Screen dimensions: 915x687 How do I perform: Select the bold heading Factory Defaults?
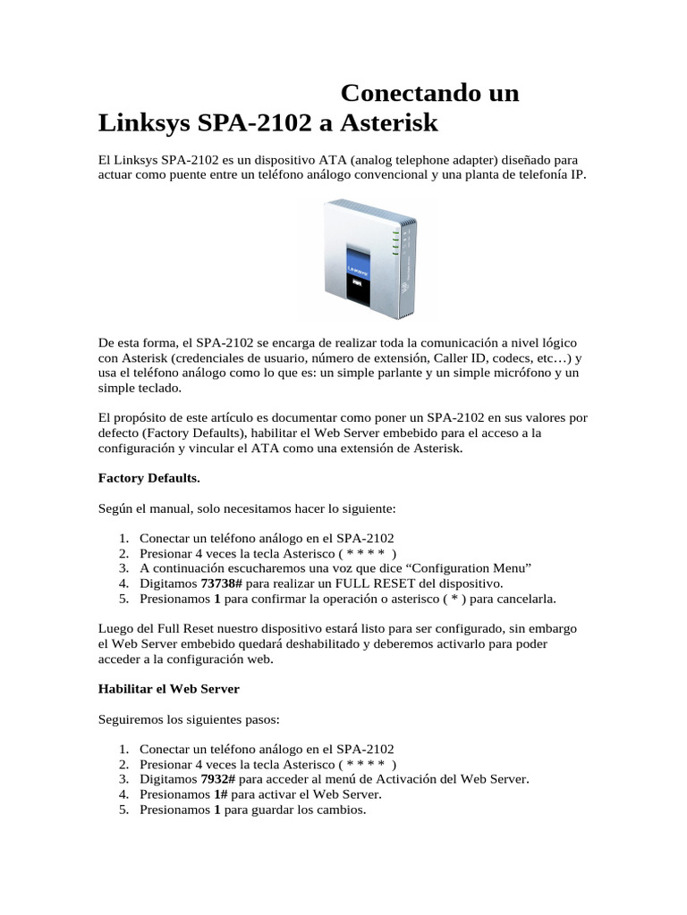coord(148,478)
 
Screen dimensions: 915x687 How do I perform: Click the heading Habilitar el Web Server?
coord(169,689)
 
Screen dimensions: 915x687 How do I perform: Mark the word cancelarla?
coord(523,599)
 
